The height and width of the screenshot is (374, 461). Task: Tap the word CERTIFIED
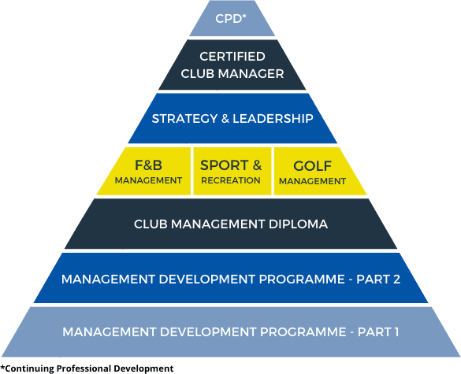(x=232, y=57)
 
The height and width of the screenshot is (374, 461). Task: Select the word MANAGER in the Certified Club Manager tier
(x=251, y=73)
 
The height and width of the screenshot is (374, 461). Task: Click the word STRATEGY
(x=184, y=119)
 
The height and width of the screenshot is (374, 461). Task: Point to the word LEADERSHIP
(x=273, y=119)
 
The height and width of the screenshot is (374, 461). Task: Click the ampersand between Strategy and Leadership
(x=225, y=119)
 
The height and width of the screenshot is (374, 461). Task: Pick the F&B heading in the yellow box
(x=148, y=165)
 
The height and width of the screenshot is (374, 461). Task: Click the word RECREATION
(x=231, y=180)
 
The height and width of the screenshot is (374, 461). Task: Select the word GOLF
(x=312, y=166)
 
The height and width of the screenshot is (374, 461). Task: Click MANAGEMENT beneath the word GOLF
(x=312, y=181)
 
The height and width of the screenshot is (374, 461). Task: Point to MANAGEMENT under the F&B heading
(x=148, y=180)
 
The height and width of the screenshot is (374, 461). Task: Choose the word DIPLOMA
(x=298, y=224)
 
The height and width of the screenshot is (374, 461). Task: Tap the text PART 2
(x=378, y=279)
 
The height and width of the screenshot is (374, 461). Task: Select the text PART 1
(x=378, y=332)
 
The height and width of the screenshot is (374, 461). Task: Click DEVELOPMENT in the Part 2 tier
(x=206, y=279)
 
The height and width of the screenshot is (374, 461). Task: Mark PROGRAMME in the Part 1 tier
(x=303, y=332)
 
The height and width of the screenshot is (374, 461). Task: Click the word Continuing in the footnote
(x=29, y=368)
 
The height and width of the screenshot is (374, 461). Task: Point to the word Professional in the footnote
(x=84, y=368)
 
